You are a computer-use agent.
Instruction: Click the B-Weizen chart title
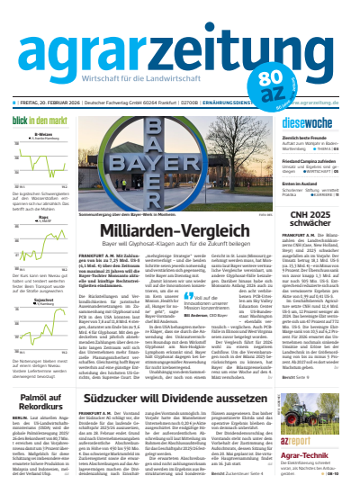tap(42, 135)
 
